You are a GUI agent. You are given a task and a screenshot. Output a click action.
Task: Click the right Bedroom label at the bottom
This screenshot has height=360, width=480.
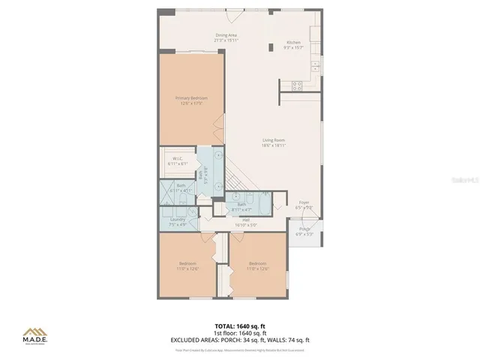pyautogui.click(x=258, y=265)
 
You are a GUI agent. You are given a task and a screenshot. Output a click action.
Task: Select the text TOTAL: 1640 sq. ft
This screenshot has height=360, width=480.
pyautogui.click(x=240, y=326)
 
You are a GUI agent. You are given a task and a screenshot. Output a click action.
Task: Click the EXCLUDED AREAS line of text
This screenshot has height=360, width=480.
pyautogui.click(x=240, y=340)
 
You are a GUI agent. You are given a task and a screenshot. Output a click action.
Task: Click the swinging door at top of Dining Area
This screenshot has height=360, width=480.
pyautogui.click(x=241, y=13)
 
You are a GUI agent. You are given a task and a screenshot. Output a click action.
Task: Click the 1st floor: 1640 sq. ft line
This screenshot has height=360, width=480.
pyautogui.click(x=240, y=333)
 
